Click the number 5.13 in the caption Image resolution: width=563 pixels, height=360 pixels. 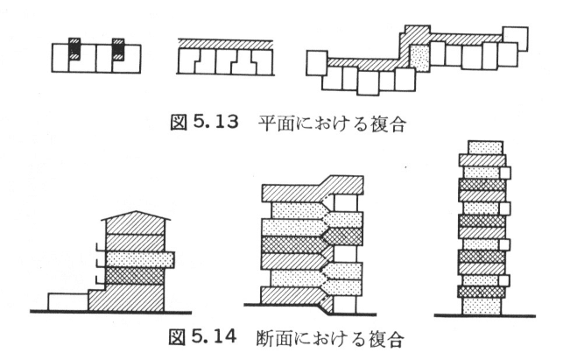(215, 123)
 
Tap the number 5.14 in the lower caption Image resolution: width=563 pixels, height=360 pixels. (215, 336)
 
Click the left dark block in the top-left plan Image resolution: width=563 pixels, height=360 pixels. (74, 49)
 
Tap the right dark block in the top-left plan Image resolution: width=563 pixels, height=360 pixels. (118, 49)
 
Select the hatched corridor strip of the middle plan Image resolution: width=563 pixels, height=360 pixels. (226, 44)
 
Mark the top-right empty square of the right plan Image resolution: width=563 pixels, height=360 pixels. (515, 39)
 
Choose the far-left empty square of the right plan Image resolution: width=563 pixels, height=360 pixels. (317, 63)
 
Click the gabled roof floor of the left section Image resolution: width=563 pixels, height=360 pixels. (136, 222)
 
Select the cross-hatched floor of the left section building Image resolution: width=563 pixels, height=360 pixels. (135, 276)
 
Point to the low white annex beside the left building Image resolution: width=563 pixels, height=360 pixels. (68, 301)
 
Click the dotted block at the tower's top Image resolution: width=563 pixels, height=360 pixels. (485, 148)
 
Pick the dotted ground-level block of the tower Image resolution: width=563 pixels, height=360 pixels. (482, 306)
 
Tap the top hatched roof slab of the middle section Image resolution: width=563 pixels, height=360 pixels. (313, 189)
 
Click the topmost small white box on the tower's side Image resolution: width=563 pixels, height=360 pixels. (505, 173)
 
